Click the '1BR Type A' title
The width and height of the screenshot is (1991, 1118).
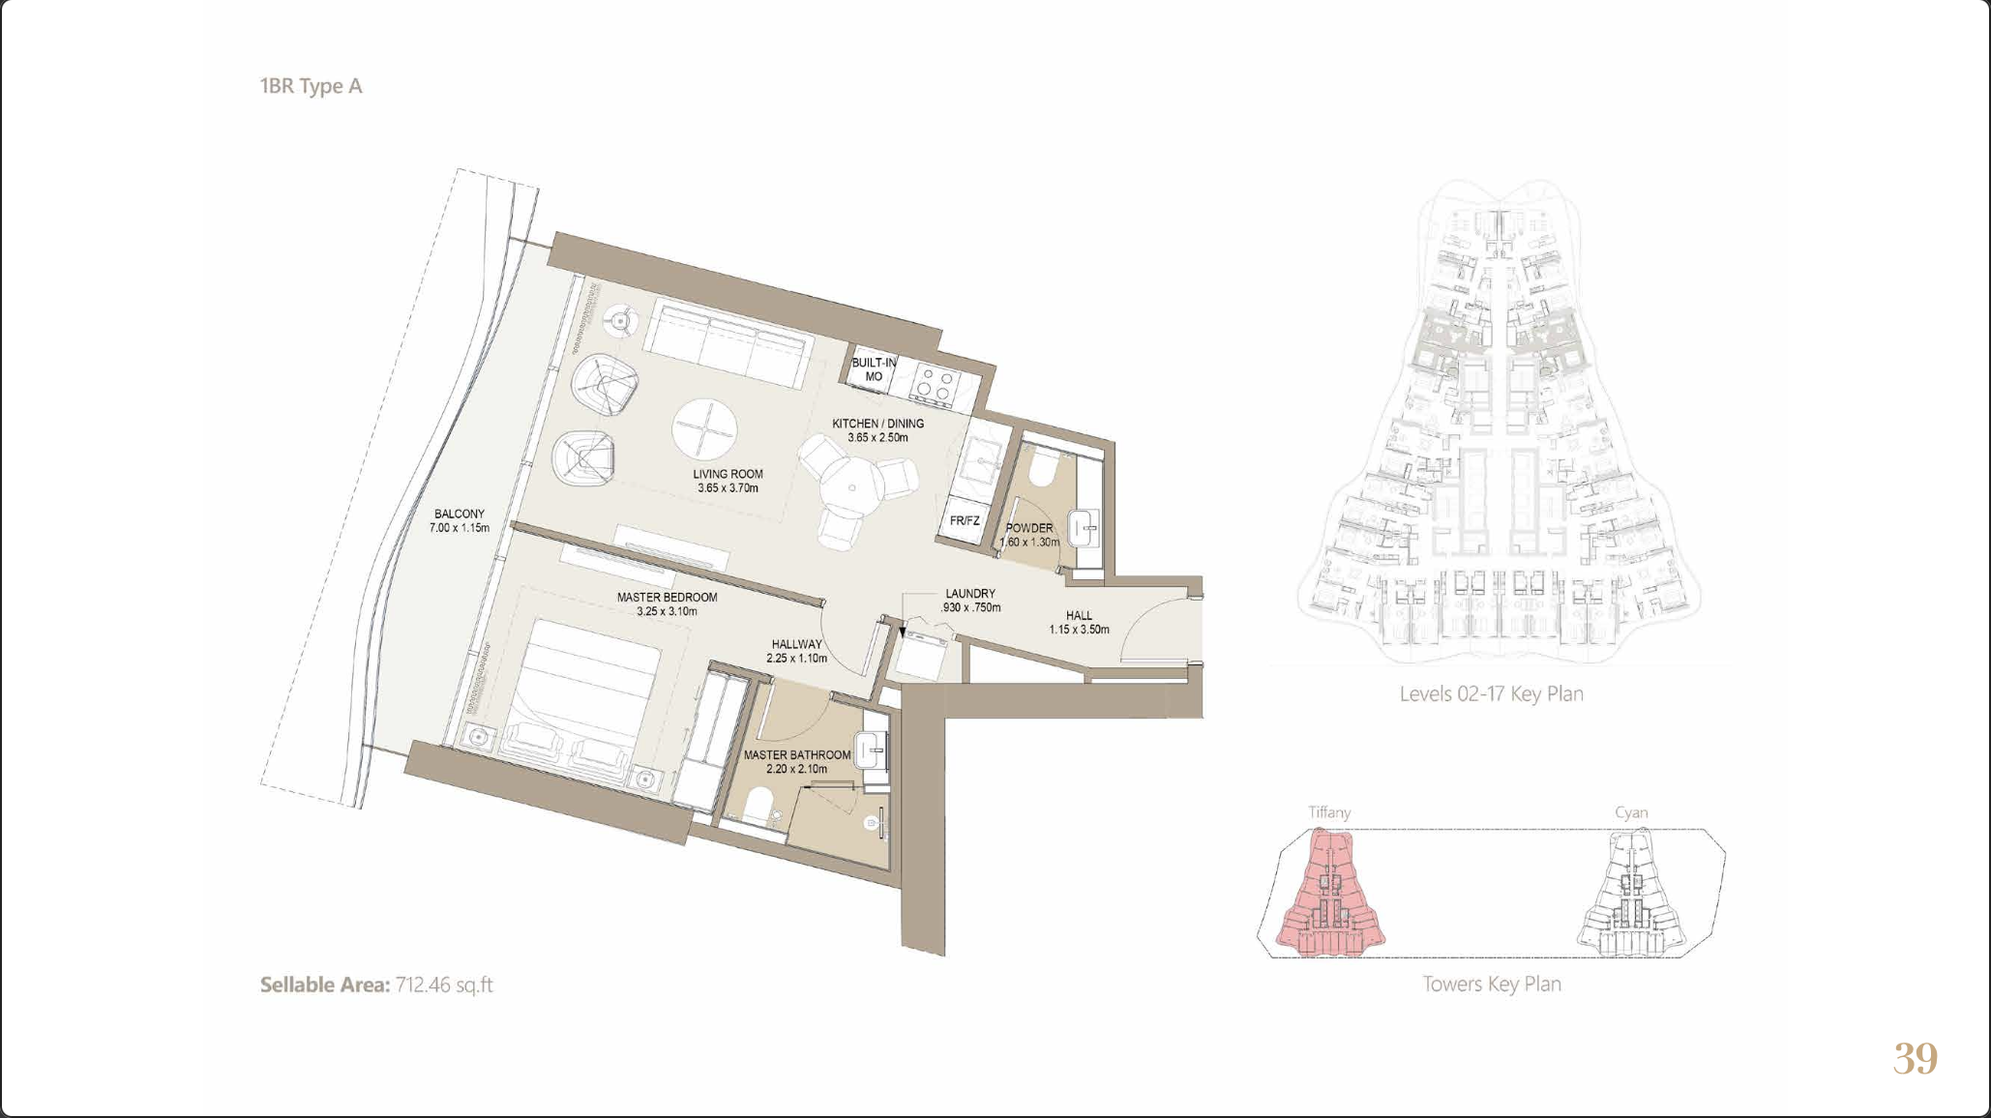coord(311,86)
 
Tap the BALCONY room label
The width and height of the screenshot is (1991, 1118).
coord(460,521)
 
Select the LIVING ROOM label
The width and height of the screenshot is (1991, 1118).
coord(728,481)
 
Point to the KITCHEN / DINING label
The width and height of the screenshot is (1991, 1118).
coord(877,430)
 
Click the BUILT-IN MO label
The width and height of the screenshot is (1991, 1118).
coord(874,369)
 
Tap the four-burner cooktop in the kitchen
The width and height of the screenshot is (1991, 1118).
coord(935,384)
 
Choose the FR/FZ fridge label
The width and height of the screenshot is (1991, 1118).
coord(965,520)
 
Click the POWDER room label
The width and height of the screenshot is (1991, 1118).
coord(1029,535)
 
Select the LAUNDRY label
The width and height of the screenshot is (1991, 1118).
coord(970,601)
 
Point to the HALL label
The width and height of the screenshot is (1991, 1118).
coord(1079,622)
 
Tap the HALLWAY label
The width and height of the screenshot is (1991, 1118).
coord(796,651)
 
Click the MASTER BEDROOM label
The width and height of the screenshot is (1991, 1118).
coord(668,603)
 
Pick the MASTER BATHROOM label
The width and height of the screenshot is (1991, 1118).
coord(797,761)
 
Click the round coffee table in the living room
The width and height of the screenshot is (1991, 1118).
coord(705,429)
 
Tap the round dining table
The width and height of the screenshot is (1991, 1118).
coord(851,487)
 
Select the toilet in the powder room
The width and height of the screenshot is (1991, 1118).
coord(1043,467)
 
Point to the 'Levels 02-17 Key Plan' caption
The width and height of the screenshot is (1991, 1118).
coord(1491,694)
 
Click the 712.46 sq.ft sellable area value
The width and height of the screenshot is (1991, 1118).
coord(444,985)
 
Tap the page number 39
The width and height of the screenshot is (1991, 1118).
coord(1916,1059)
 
